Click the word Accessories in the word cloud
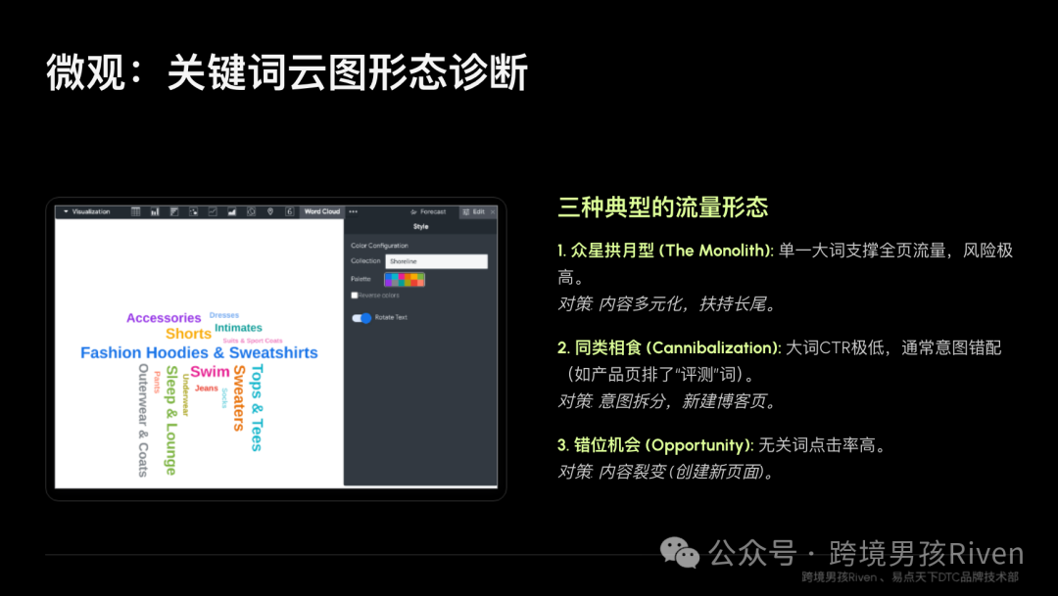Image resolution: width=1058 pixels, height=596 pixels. click(164, 318)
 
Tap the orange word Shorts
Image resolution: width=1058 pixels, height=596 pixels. click(188, 334)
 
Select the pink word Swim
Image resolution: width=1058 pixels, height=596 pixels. click(210, 372)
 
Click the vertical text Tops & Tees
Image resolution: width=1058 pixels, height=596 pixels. click(257, 408)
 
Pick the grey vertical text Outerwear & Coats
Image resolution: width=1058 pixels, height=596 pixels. click(143, 421)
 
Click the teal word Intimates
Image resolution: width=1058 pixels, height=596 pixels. click(238, 328)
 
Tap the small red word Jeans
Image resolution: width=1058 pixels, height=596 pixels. click(207, 389)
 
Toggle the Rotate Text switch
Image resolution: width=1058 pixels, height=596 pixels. click(362, 318)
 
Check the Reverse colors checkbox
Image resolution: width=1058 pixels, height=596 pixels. click(355, 295)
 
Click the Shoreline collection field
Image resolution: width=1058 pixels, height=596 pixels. click(436, 261)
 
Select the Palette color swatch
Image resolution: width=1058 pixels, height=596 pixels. click(405, 280)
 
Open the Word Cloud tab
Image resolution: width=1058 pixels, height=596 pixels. click(321, 211)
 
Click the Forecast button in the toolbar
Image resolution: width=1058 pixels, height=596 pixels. click(429, 211)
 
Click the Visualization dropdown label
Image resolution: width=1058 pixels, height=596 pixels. click(88, 211)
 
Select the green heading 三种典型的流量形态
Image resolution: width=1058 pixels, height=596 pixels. click(662, 207)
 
